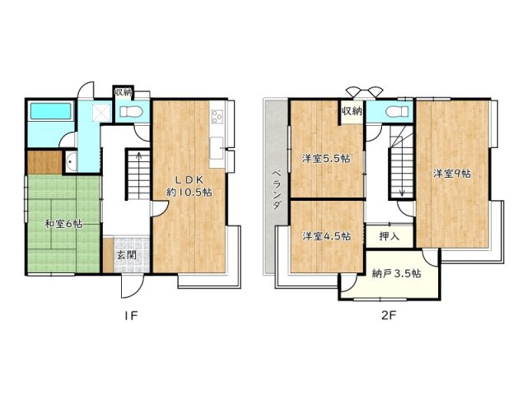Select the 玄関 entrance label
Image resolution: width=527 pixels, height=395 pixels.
[127, 255]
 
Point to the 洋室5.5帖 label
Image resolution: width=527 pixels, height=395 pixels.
[324, 159]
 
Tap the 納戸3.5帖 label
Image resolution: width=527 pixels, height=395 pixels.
[397, 274]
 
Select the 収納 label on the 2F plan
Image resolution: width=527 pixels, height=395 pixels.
[352, 109]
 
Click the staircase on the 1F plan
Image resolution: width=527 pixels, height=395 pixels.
[138, 172]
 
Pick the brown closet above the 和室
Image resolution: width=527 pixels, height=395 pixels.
[43, 162]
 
